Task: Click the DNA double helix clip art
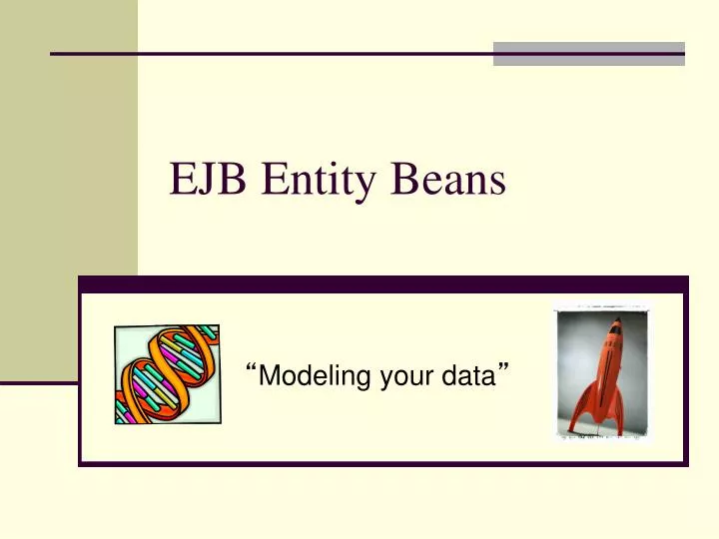pos(166,375)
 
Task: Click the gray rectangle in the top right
pos(589,54)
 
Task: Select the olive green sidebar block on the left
pos(68,190)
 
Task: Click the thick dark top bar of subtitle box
pos(383,284)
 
